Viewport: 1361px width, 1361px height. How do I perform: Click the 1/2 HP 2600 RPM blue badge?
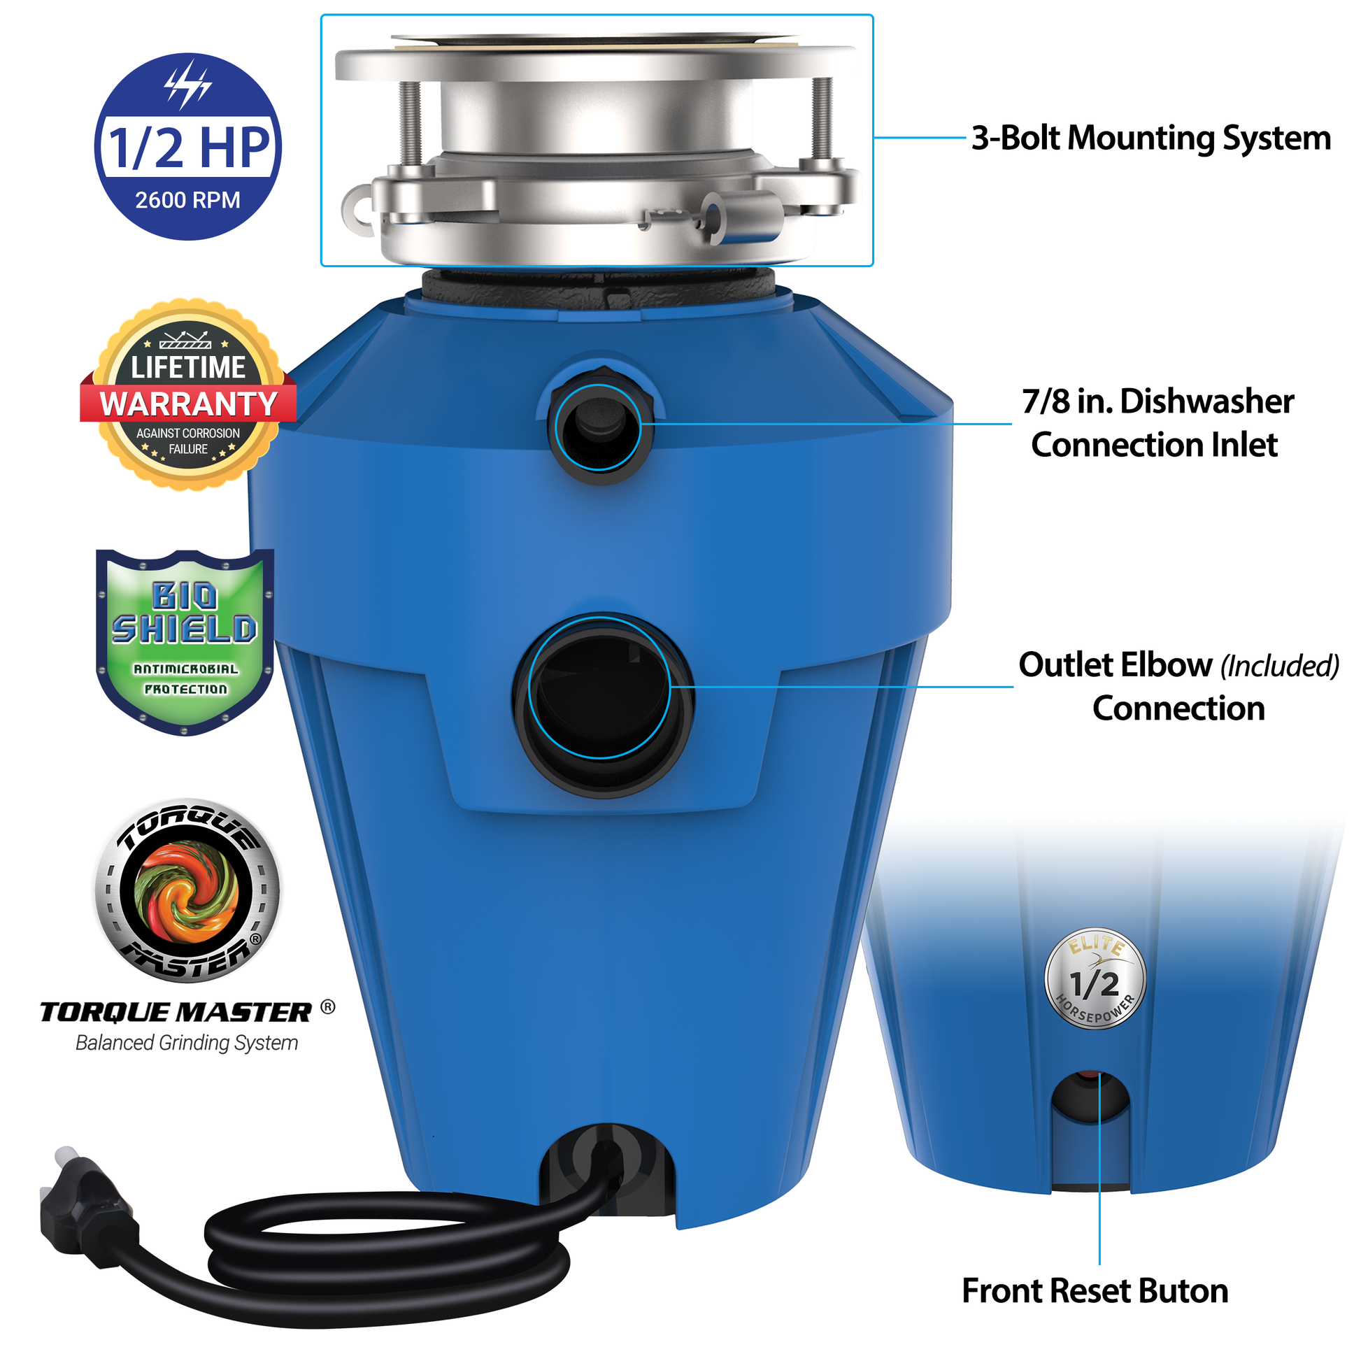tap(187, 147)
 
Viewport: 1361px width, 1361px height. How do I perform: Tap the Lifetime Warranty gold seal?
tap(188, 394)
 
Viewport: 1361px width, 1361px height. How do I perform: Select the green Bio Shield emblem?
tap(185, 642)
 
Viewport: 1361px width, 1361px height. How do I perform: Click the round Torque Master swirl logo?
tap(187, 890)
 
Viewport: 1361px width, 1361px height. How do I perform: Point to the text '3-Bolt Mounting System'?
tap(1150, 138)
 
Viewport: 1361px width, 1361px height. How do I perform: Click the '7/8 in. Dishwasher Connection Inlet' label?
tap(1157, 422)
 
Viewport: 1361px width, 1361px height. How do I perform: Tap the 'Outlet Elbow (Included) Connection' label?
tap(1178, 686)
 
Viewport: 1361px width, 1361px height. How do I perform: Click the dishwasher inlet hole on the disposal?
tap(599, 426)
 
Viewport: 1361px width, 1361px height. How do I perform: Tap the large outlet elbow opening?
tap(603, 704)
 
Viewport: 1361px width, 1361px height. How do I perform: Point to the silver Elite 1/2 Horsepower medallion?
tap(1095, 978)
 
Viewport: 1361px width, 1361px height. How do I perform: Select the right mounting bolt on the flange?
tap(822, 121)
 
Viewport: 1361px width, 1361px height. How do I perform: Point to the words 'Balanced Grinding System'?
tap(187, 1043)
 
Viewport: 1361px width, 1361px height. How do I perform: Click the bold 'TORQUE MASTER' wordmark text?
tap(176, 1012)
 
